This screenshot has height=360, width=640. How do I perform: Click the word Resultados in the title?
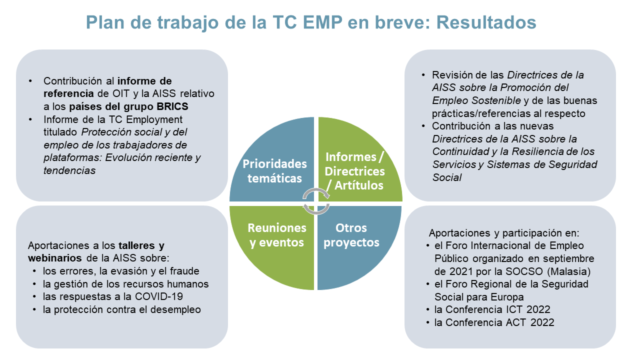[x=486, y=22]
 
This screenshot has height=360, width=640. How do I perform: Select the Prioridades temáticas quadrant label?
[x=274, y=171]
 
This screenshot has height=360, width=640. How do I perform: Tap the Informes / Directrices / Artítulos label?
[x=354, y=171]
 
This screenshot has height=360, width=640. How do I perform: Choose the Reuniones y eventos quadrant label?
[x=277, y=235]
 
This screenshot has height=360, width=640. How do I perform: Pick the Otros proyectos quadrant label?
[x=351, y=235]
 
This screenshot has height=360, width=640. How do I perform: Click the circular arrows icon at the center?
[x=316, y=201]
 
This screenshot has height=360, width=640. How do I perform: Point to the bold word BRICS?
[x=172, y=106]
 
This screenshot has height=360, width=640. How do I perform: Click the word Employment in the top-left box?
[x=154, y=120]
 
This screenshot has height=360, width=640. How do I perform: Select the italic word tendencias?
[x=69, y=170]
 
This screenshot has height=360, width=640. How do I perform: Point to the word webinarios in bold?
[x=55, y=258]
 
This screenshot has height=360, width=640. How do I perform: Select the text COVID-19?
[x=159, y=296]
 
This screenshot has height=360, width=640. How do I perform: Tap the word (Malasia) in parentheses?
[x=568, y=271]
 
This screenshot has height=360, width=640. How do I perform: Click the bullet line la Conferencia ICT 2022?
[x=492, y=309]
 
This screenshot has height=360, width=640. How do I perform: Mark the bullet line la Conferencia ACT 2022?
[x=494, y=322]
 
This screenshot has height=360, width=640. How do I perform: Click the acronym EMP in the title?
[x=322, y=22]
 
